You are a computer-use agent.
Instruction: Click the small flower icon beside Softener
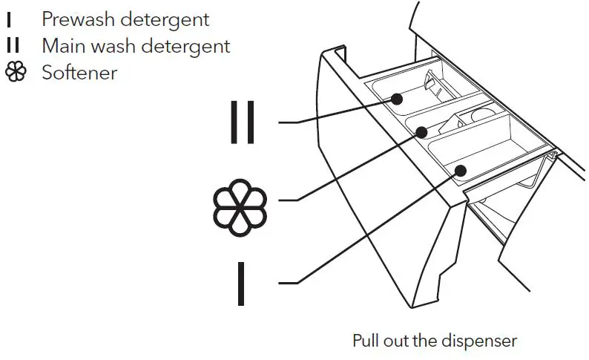tap(16, 73)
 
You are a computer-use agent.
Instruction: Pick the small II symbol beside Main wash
tap(13, 46)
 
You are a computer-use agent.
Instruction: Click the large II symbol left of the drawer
tap(243, 120)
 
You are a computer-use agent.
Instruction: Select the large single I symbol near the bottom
tap(241, 282)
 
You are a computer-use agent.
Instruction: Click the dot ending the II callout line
tap(398, 97)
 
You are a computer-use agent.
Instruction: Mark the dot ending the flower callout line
tap(422, 132)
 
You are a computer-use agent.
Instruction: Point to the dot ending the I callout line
tap(460, 171)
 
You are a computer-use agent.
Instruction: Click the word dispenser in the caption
tap(478, 341)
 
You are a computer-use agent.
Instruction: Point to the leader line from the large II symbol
tap(341, 111)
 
